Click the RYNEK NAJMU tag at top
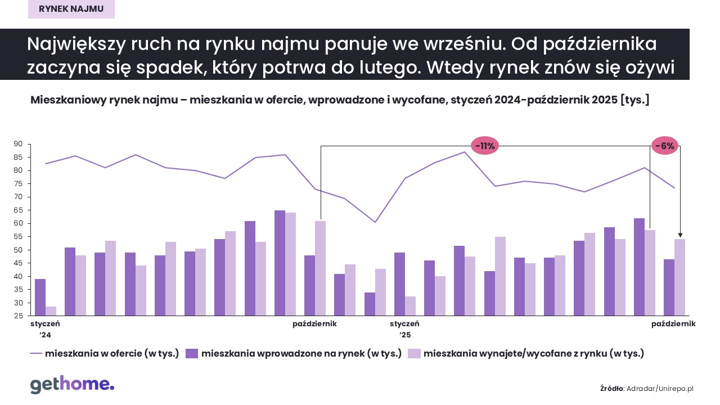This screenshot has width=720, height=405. coord(71,9)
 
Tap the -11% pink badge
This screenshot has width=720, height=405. coord(484,146)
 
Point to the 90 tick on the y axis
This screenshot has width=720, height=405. coord(18,144)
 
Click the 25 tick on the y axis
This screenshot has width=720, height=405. coord(18,316)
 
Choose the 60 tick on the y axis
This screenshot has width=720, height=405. coord(18,223)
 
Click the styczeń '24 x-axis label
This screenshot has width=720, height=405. coord(45,329)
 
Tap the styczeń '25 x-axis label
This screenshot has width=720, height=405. coord(404,329)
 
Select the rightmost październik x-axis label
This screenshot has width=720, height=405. coord(674,324)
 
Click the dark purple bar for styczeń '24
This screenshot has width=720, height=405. coord(40,297)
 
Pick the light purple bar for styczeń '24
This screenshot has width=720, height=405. coord(51,311)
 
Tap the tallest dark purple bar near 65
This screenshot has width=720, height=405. coord(280,263)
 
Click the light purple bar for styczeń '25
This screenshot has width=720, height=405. coord(411,306)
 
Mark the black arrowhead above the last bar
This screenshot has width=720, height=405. coord(680,235)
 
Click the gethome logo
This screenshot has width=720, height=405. coord(72,385)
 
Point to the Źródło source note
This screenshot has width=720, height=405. coord(647,388)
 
